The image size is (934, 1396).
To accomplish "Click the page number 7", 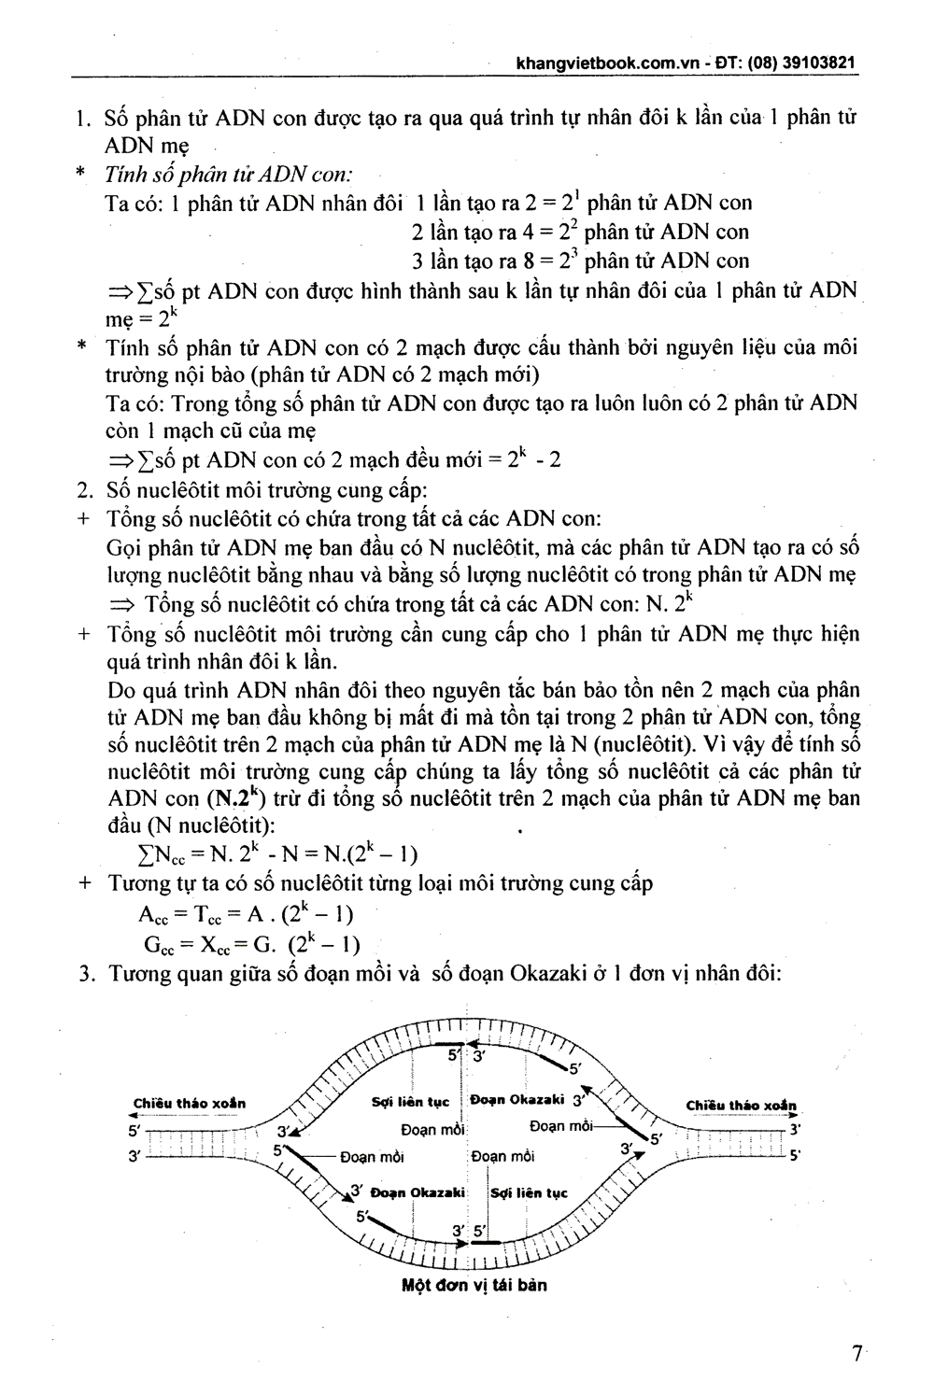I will tap(856, 1353).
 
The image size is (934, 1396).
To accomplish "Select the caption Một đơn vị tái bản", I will tap(474, 1285).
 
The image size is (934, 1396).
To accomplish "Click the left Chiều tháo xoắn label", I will tap(190, 1103).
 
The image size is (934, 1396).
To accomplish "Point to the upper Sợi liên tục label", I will tap(410, 1102).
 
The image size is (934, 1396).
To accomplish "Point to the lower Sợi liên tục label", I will tap(529, 1193).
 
